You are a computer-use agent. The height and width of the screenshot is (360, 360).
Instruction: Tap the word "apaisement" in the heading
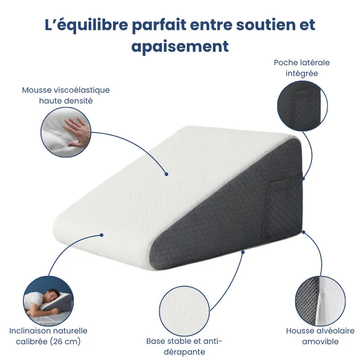180,46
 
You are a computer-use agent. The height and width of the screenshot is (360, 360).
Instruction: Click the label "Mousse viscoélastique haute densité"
66,95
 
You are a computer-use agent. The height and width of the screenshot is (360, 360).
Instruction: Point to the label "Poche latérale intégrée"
301,67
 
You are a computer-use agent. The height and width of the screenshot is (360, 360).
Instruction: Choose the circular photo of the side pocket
302,106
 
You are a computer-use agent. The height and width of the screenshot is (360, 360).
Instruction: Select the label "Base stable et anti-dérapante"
184,346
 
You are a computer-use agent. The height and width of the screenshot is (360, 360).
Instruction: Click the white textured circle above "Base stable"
184,311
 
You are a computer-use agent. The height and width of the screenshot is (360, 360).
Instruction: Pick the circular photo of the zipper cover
320,301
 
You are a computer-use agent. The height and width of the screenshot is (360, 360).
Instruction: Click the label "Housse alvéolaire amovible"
320,336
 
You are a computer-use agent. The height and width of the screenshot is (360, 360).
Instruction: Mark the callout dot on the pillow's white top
166,173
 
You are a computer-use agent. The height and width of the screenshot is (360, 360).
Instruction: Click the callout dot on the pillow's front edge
102,234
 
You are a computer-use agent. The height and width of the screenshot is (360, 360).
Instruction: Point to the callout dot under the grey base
243,252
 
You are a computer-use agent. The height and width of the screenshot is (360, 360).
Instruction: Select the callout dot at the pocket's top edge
303,179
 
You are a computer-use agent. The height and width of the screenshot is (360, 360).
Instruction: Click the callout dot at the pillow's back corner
303,232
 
